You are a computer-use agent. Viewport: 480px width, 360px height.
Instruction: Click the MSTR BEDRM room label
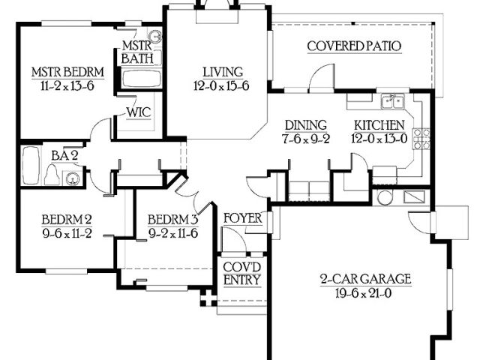[68, 72]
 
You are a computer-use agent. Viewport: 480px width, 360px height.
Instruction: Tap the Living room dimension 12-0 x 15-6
[221, 86]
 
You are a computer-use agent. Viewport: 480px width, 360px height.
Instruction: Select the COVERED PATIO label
[354, 46]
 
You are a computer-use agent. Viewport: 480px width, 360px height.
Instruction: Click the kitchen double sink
[393, 102]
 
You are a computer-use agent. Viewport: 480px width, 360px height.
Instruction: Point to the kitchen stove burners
[421, 139]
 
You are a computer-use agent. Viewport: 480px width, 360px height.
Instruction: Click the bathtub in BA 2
[31, 166]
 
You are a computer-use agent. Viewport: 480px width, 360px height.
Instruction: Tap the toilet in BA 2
[52, 175]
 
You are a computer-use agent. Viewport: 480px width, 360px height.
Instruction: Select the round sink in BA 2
[73, 178]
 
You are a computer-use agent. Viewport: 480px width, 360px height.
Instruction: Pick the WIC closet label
[139, 112]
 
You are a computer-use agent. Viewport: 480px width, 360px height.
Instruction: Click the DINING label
[306, 125]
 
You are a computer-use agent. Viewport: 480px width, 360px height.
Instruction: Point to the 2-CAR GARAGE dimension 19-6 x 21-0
[363, 293]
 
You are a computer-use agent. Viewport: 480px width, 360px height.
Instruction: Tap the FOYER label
[243, 218]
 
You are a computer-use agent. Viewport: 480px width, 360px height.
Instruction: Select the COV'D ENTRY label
[241, 273]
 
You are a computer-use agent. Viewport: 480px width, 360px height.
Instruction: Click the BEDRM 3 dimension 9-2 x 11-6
[173, 233]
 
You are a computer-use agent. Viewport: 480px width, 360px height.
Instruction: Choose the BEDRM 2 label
[67, 220]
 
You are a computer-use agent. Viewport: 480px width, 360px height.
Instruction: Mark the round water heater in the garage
[385, 198]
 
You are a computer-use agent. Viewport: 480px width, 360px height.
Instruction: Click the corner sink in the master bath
[157, 37]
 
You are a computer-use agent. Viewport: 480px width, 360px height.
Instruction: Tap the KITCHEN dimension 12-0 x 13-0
[379, 139]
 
